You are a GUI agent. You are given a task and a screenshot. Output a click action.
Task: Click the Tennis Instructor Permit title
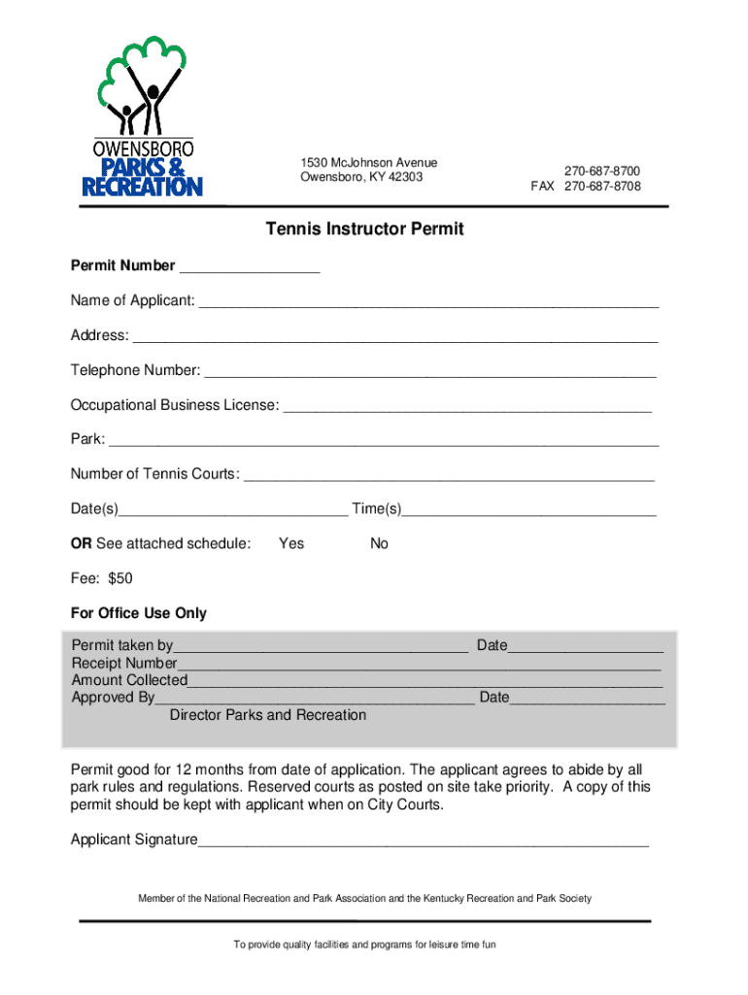[364, 229]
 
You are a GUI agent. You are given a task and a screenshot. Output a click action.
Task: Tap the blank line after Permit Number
[250, 267]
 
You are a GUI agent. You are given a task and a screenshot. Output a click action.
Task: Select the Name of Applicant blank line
[428, 302]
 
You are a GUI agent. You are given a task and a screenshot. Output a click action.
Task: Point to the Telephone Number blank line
[430, 372]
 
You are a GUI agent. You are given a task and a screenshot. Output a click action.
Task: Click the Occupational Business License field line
[466, 406]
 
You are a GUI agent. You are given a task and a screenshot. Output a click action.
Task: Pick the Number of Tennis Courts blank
[448, 476]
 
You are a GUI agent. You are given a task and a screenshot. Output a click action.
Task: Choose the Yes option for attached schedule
[291, 544]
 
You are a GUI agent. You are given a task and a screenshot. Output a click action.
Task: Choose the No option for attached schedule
[379, 544]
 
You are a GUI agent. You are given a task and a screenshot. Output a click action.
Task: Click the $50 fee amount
[120, 579]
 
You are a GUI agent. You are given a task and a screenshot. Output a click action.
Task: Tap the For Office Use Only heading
[139, 614]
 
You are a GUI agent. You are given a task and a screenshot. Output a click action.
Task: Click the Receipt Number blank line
[419, 666]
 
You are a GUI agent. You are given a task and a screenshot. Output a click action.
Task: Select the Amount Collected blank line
[425, 682]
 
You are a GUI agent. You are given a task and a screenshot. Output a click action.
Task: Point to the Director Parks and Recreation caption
[268, 716]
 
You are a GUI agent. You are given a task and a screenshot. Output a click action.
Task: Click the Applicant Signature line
[423, 841]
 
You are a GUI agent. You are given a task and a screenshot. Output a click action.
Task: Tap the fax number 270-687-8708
[602, 187]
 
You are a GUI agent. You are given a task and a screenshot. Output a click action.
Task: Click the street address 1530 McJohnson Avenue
[369, 162]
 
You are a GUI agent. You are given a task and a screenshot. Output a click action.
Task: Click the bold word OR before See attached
[82, 544]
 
